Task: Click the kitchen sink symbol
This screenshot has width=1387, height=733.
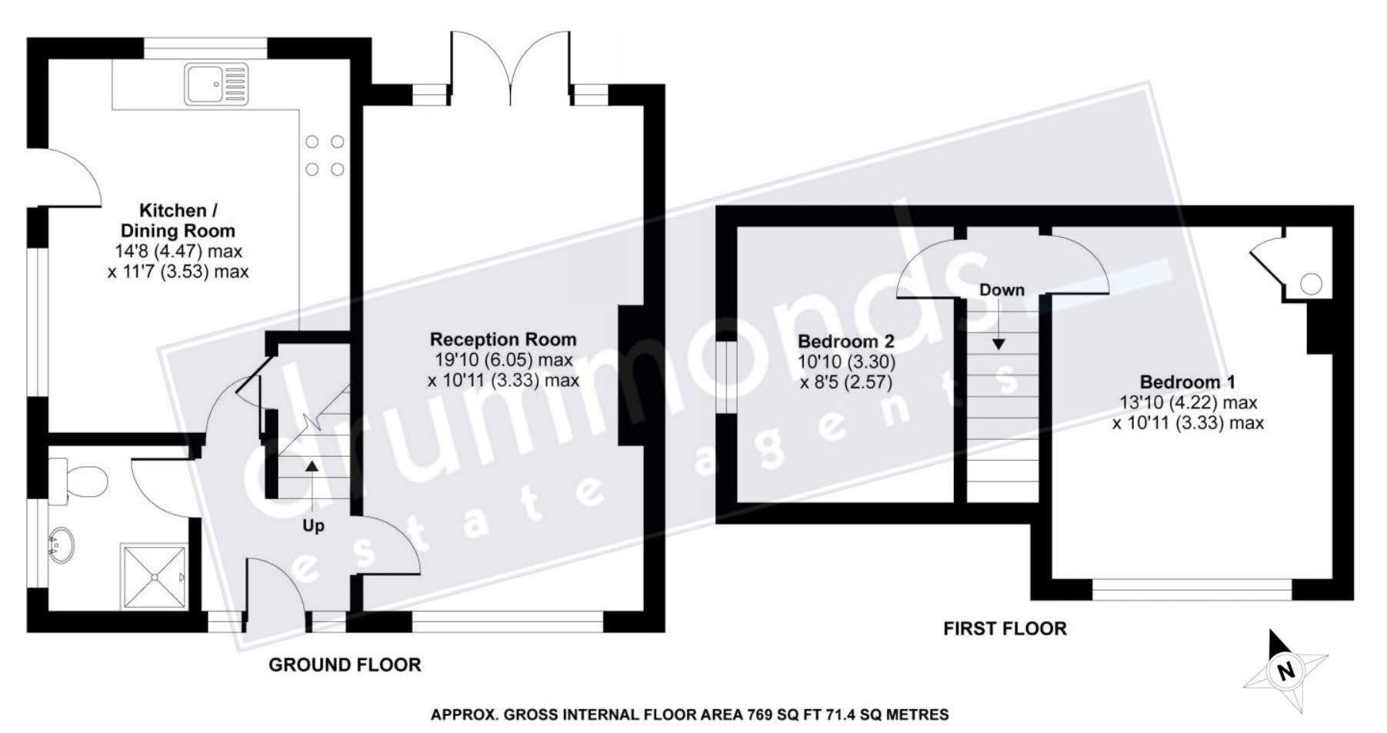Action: [x=216, y=84]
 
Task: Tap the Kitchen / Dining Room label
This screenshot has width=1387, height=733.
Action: [x=178, y=221]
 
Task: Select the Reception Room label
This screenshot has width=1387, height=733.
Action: [x=502, y=339]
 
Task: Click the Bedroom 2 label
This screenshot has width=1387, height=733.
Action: [x=845, y=342]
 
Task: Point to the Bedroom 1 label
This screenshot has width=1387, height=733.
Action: [x=1187, y=382]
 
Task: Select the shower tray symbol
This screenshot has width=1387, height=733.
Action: [x=154, y=576]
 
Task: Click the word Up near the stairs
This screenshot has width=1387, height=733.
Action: [x=313, y=525]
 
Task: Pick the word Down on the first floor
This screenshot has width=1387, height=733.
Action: [x=1002, y=290]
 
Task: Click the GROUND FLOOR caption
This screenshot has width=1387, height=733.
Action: [x=345, y=665]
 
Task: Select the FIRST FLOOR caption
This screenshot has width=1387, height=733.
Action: [x=1005, y=628]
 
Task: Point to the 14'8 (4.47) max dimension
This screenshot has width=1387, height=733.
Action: [x=177, y=251]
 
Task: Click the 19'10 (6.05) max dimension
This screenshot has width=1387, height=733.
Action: [x=504, y=360]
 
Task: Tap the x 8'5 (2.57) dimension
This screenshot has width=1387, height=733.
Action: [x=845, y=382]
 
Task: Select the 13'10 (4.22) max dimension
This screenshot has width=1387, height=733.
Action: [x=1188, y=402]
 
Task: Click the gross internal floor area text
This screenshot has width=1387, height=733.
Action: [x=689, y=715]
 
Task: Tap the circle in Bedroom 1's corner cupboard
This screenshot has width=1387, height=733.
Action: [x=1311, y=285]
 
